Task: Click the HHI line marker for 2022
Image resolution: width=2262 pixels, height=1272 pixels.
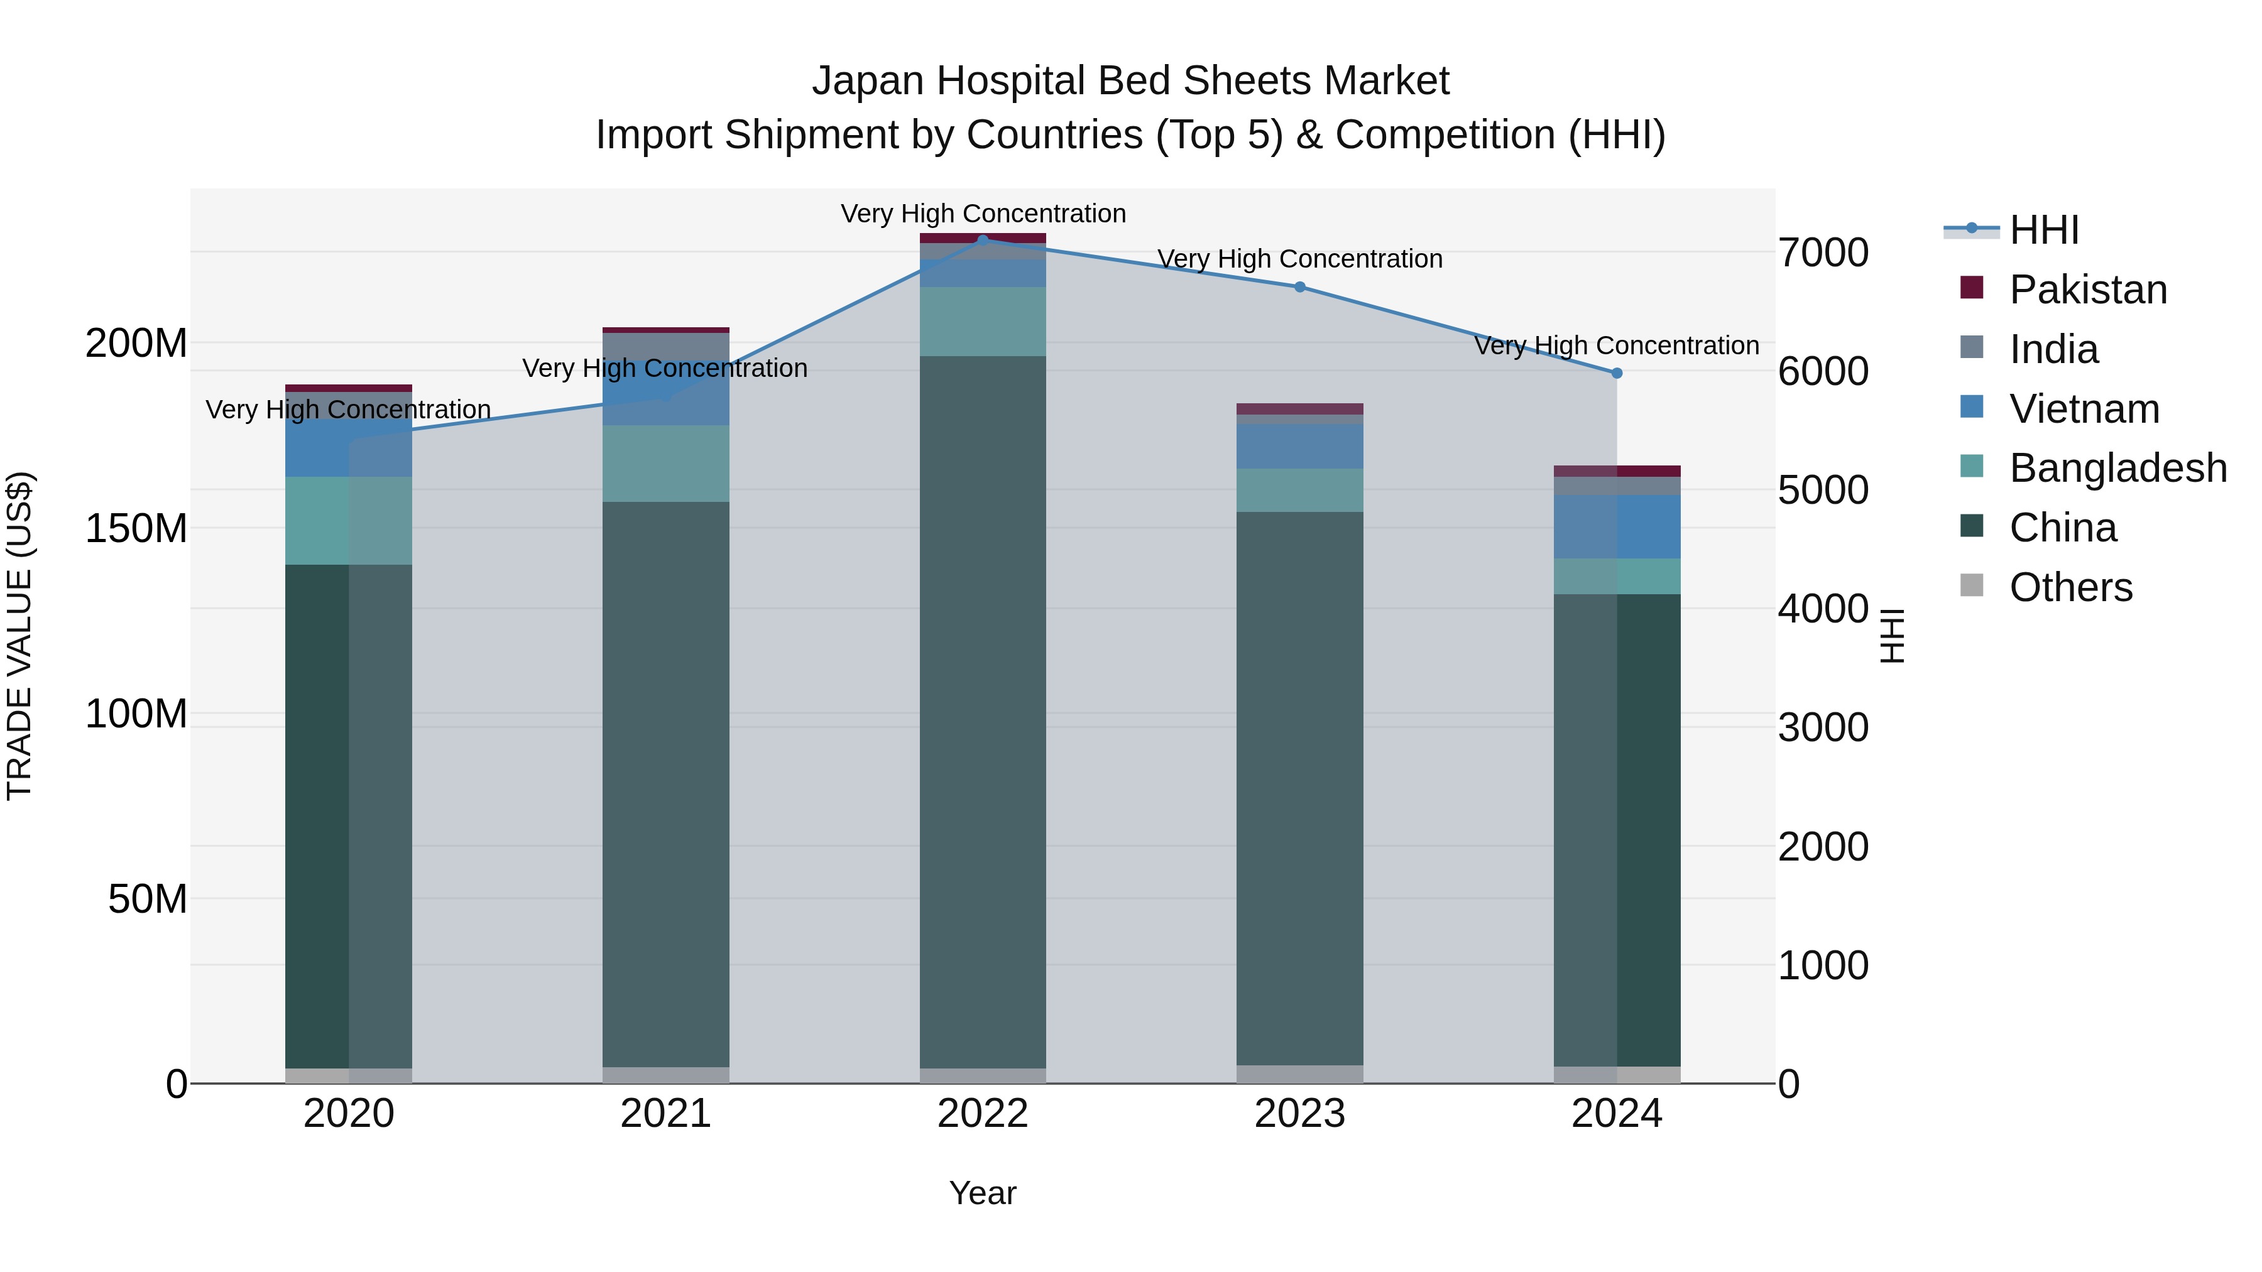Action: [x=983, y=239]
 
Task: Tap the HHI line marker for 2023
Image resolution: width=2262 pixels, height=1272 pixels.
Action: [x=1299, y=287]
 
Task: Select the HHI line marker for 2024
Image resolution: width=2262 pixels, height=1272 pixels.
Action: [x=1617, y=373]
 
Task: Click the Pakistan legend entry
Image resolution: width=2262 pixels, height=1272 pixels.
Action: [x=2087, y=290]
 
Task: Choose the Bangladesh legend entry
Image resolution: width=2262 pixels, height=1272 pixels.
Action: [x=2117, y=468]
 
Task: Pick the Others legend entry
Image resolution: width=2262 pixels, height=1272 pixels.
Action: [x=2070, y=587]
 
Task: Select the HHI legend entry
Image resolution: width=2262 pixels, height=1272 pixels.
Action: [x=2043, y=230]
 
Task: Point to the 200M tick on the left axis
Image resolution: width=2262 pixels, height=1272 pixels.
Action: [x=136, y=342]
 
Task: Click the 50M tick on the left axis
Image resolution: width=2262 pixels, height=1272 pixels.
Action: [x=146, y=899]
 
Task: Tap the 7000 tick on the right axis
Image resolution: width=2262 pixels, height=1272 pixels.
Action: [x=1823, y=253]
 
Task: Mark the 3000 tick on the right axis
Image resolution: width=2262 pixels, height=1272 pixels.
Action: [x=1823, y=728]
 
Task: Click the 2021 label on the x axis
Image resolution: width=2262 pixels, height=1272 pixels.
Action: [x=665, y=1114]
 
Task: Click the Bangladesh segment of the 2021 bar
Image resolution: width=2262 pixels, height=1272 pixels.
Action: [x=665, y=464]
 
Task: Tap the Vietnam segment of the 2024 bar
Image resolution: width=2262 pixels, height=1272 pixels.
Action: [x=1617, y=527]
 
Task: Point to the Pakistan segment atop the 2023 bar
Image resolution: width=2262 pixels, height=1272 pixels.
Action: [x=1299, y=409]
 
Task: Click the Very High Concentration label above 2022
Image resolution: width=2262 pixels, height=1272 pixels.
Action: [x=983, y=214]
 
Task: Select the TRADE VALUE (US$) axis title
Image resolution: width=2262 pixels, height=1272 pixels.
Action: [x=19, y=636]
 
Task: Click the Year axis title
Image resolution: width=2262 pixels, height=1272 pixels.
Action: [x=983, y=1193]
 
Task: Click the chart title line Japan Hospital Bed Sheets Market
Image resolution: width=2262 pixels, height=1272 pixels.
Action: [x=1130, y=81]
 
